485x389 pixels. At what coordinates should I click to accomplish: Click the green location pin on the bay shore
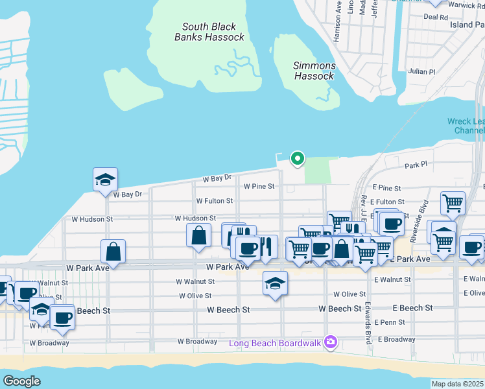click(x=297, y=158)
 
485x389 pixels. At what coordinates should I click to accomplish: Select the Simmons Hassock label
click(x=314, y=71)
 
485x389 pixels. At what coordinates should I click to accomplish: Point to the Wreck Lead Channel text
click(x=466, y=126)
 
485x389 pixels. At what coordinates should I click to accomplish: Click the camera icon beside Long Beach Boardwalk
click(x=331, y=342)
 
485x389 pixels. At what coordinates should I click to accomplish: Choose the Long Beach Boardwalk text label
click(x=275, y=343)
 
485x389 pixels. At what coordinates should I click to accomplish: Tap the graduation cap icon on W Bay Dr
click(x=105, y=180)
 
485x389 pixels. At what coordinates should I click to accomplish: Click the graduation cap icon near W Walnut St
click(x=275, y=283)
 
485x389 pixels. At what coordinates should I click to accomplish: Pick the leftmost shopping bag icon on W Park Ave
click(x=113, y=251)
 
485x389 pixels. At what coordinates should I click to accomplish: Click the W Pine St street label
click(x=259, y=187)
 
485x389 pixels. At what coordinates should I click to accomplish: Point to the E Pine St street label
click(x=387, y=187)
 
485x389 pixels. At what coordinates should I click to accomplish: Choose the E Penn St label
click(x=391, y=322)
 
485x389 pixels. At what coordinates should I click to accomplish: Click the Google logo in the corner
click(x=21, y=381)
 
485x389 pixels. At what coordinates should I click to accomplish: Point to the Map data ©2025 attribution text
click(x=457, y=384)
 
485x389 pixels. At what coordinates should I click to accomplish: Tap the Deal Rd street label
click(x=435, y=18)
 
